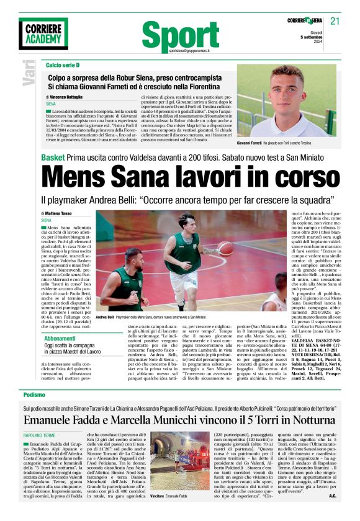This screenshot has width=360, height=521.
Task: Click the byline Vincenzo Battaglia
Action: (x=68, y=98)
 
